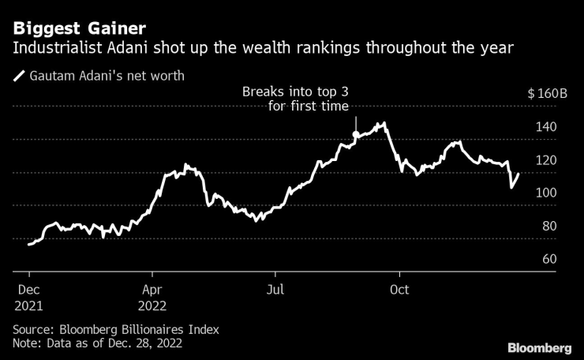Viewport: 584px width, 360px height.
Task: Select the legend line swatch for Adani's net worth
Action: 18,77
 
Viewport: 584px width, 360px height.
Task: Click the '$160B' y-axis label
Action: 547,94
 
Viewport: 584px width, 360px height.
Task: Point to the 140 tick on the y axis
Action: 547,127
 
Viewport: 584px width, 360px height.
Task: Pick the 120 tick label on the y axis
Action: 547,160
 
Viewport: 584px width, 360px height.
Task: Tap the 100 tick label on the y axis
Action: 547,193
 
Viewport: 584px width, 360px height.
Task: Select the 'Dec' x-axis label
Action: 27,290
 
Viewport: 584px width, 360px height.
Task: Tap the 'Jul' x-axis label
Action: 276,290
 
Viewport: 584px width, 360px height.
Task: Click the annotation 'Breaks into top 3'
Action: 295,94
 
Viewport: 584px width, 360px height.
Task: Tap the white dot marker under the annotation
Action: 355,135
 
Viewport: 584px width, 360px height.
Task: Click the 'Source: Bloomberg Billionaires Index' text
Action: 116,329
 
